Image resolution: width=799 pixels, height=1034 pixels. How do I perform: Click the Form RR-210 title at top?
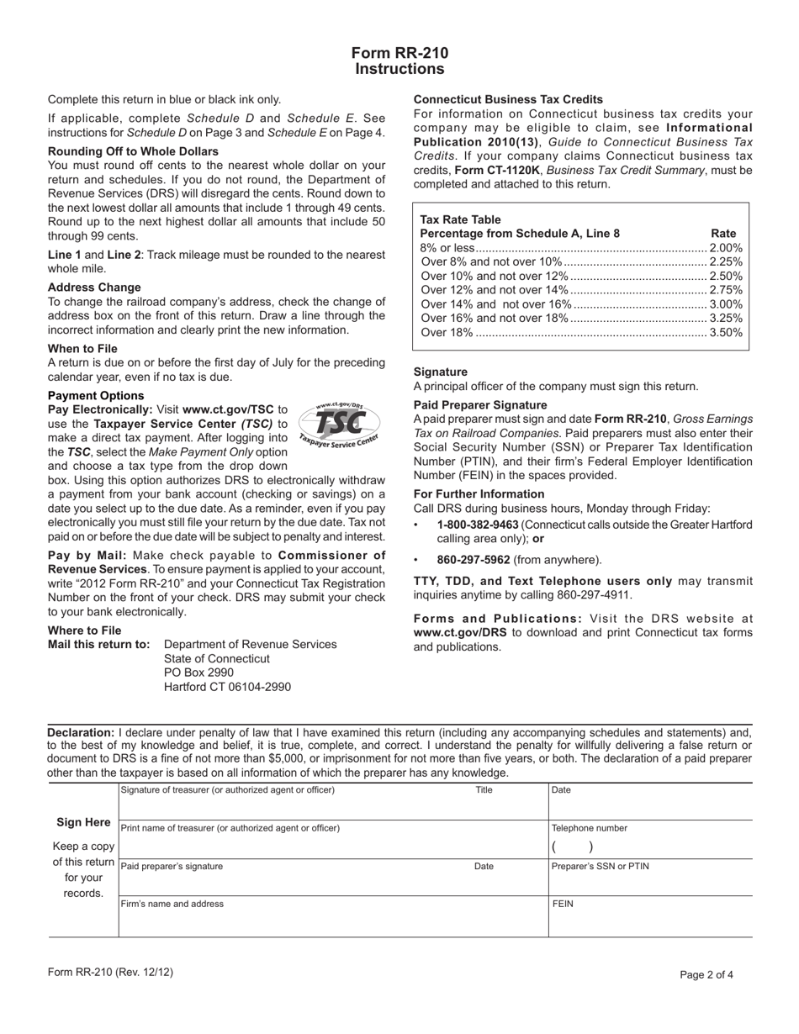399,53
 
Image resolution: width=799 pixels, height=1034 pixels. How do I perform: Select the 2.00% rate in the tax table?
726,248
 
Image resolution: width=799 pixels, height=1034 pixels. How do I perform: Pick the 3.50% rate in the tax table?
726,333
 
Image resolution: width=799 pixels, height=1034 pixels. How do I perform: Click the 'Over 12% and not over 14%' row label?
494,290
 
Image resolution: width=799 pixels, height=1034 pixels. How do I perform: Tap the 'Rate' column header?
723,234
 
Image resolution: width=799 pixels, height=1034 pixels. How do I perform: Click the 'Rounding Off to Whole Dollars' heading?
133,151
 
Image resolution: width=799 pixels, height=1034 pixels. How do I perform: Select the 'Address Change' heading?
94,288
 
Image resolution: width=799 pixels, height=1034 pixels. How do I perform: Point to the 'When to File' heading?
82,349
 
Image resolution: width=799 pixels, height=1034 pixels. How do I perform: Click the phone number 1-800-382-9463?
477,525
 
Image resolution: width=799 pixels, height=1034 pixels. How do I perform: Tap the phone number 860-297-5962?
474,560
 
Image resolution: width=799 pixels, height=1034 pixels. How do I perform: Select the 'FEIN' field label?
562,905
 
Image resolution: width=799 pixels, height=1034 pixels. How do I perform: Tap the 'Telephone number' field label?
589,828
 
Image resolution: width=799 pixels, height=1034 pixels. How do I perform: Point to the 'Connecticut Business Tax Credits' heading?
508,99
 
